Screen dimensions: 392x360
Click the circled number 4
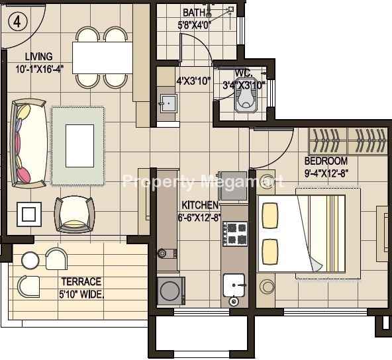point(17,22)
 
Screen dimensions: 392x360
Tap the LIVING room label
point(39,57)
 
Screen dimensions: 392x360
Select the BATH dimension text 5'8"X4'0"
point(195,26)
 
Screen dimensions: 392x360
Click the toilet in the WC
point(246,95)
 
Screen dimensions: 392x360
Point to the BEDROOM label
point(326,161)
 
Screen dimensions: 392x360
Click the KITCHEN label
point(200,205)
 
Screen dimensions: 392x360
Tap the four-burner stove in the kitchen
point(235,234)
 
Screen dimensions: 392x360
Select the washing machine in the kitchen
point(171,291)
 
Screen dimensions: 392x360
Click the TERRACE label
point(81,281)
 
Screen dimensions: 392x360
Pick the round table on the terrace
point(30,261)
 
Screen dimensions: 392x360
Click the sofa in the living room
point(28,144)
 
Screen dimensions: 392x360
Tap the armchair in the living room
point(75,214)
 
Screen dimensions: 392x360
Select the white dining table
point(102,58)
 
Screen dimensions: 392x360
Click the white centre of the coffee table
point(79,146)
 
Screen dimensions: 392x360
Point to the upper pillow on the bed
point(269,216)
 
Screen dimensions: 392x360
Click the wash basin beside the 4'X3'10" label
point(168,103)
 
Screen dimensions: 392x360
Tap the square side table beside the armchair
point(29,214)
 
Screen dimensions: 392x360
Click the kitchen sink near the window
point(234,285)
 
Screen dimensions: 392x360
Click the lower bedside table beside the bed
point(266,285)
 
